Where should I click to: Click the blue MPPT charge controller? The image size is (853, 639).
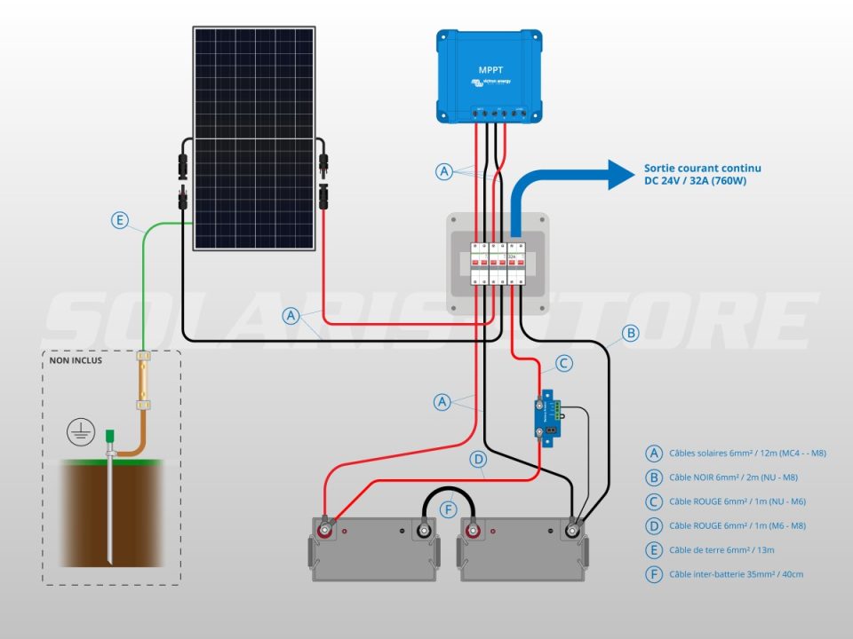click(x=490, y=75)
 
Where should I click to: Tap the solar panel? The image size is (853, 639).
click(x=254, y=138)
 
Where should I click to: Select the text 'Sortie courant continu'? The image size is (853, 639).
click(x=702, y=168)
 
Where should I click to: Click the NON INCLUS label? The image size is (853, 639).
click(x=76, y=361)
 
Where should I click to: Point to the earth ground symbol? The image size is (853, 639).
click(x=81, y=433)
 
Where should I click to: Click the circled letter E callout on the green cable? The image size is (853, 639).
click(x=120, y=219)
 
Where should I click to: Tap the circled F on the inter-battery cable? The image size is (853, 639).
click(x=449, y=509)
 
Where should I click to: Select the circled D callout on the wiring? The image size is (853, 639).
click(x=478, y=460)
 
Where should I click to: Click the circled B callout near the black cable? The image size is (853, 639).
click(x=630, y=334)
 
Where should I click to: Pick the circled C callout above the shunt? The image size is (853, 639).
click(x=563, y=363)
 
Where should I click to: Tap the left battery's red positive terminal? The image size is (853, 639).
click(x=326, y=531)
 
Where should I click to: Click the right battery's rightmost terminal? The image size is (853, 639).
click(x=574, y=532)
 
